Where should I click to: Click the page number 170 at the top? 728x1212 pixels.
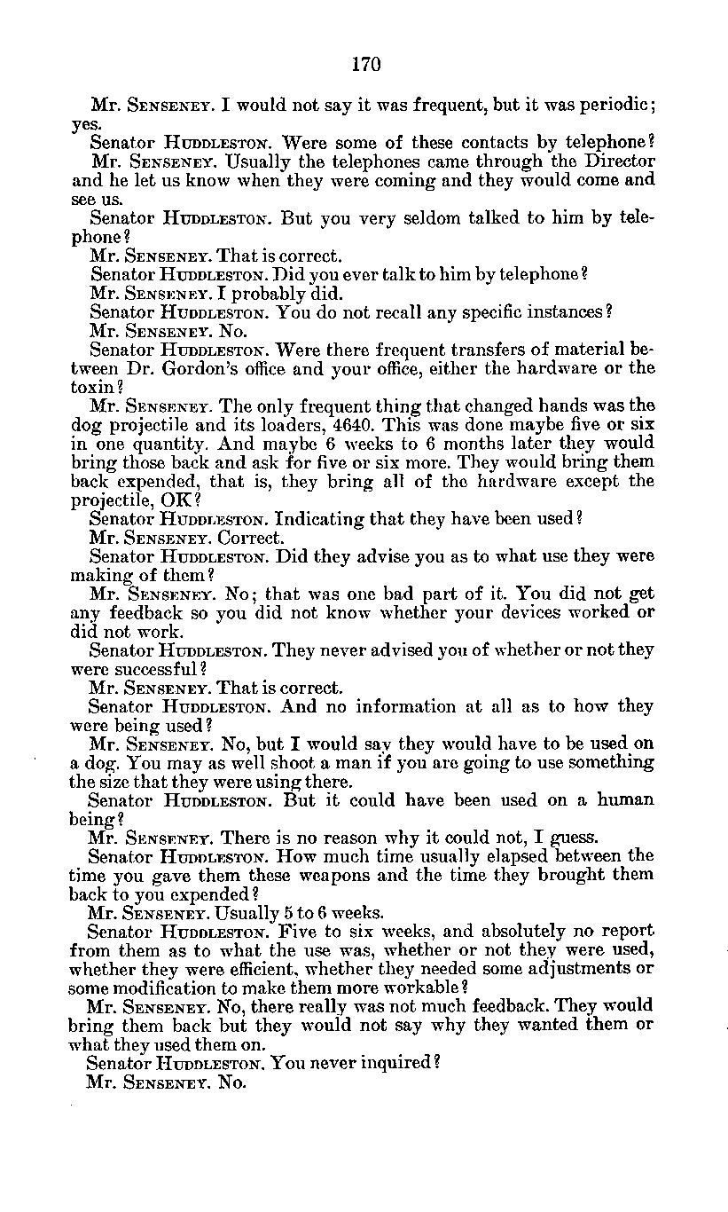click(x=365, y=64)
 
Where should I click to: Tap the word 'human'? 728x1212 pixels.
click(x=625, y=799)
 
